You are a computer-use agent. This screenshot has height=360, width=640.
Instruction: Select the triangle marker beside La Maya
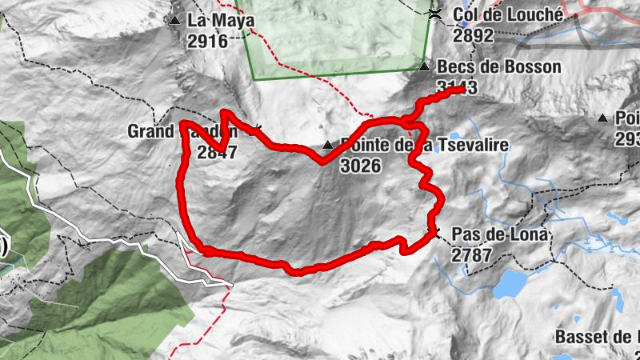point(174,20)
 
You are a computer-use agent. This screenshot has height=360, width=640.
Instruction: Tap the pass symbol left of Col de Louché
point(435,14)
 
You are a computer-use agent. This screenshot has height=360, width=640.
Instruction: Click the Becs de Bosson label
point(499,67)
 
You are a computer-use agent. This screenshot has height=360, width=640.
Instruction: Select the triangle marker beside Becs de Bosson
point(425,67)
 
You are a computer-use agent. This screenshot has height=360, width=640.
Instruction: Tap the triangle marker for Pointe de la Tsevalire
point(326,146)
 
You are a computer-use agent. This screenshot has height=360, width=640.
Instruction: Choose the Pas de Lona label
point(500,234)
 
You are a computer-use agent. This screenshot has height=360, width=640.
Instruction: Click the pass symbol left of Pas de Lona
point(434,233)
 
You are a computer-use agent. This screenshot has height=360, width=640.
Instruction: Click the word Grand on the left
point(153,131)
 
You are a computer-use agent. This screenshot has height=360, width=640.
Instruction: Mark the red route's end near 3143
point(462,90)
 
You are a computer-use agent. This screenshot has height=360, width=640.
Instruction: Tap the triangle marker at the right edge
point(602,118)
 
